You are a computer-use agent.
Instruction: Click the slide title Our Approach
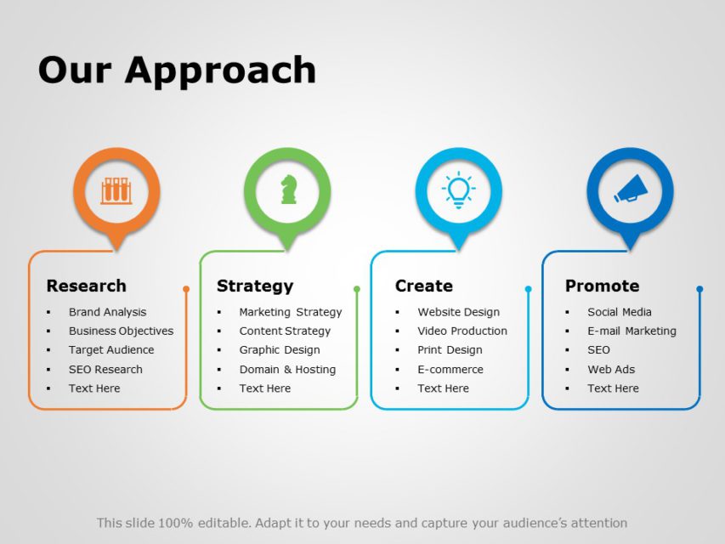click(x=177, y=71)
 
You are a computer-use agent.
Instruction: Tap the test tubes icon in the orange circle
click(x=116, y=190)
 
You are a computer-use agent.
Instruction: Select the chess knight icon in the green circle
click(x=288, y=190)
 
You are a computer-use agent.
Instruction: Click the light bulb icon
click(x=459, y=190)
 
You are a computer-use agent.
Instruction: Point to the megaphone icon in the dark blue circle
click(x=630, y=190)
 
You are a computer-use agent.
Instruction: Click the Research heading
click(x=86, y=286)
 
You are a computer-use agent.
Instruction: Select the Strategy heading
click(x=255, y=286)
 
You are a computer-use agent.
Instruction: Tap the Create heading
click(x=423, y=286)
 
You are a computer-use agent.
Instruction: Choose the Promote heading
click(x=602, y=286)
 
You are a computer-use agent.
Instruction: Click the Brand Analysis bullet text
click(x=107, y=312)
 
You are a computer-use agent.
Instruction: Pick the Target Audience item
click(x=111, y=350)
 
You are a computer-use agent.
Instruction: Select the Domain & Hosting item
click(x=287, y=370)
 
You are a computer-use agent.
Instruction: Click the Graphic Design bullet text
click(x=280, y=350)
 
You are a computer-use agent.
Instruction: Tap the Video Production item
click(x=462, y=331)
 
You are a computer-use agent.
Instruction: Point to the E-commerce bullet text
click(x=450, y=370)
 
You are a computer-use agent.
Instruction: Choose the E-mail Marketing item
click(x=632, y=331)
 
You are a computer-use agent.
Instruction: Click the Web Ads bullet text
click(x=611, y=370)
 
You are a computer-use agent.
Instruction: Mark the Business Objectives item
click(x=121, y=331)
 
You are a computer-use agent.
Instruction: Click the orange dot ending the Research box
click(x=186, y=289)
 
